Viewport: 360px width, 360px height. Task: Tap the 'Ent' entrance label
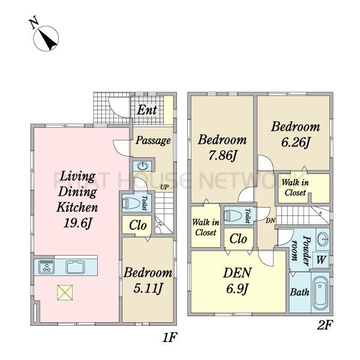point(147,110)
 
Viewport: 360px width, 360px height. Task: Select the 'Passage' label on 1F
point(153,140)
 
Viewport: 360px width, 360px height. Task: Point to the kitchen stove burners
point(47,267)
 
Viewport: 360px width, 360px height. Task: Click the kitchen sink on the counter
point(76,267)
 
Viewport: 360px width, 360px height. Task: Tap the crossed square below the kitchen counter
point(65,293)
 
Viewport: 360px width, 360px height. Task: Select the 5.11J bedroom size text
point(148,288)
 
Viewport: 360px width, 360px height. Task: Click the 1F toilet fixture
point(131,203)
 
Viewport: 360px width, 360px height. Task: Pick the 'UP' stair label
point(164,187)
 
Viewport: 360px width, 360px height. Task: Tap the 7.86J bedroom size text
point(223,155)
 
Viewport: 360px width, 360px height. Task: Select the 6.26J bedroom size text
point(296,142)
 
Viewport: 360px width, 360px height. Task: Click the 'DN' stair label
point(271,221)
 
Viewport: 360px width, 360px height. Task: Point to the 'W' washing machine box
point(321,260)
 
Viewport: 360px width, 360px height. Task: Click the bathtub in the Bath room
point(320,293)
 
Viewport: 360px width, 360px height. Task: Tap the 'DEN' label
point(237,273)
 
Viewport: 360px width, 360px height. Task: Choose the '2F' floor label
point(325,325)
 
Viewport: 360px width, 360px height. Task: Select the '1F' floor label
point(169,337)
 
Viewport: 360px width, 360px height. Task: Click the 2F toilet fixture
point(233,215)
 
